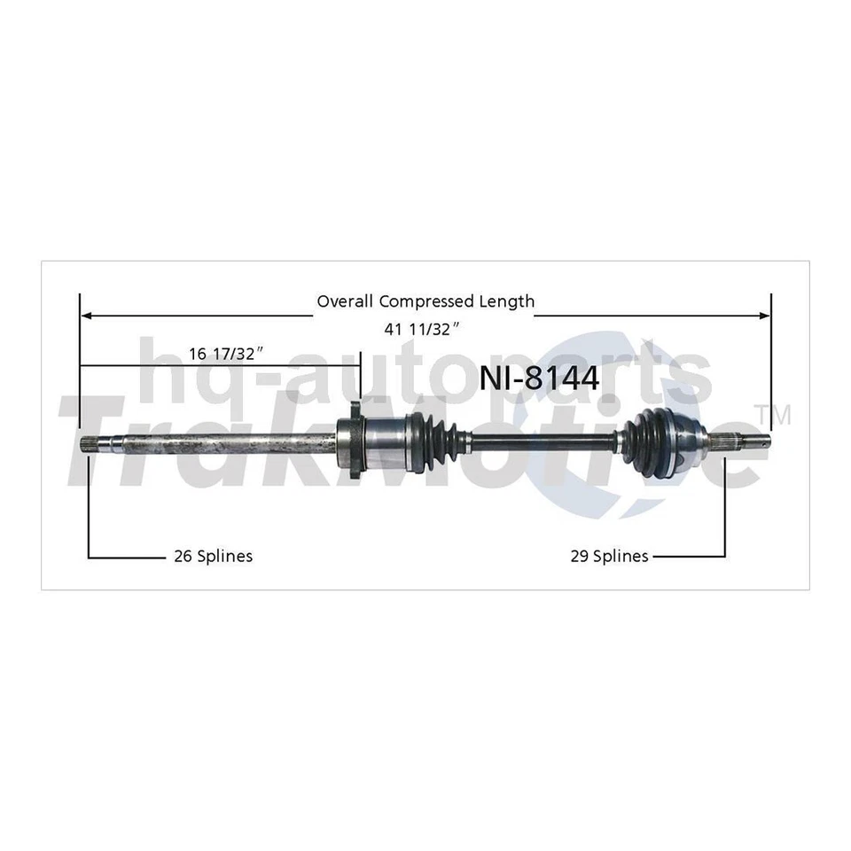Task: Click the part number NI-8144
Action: pyautogui.click(x=539, y=379)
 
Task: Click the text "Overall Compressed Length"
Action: pyautogui.click(x=425, y=301)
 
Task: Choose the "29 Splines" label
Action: pyautogui.click(x=608, y=556)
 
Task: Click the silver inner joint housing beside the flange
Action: pyautogui.click(x=383, y=437)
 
